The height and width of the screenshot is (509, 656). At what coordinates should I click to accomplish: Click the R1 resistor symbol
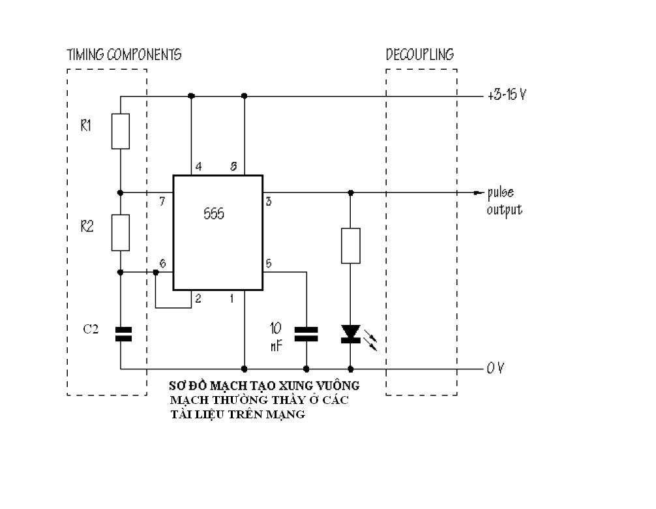(x=121, y=131)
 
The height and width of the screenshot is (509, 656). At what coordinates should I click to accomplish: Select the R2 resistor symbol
(x=121, y=233)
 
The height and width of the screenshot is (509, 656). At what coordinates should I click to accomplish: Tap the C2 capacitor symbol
(x=123, y=335)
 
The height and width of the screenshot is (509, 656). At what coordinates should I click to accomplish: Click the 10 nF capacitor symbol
(x=306, y=335)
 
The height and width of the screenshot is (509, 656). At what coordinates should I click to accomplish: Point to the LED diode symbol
(x=351, y=334)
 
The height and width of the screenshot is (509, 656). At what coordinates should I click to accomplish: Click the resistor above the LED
(x=351, y=246)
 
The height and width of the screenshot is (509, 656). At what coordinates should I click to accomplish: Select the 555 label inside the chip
(x=214, y=214)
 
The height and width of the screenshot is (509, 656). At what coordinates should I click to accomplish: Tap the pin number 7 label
(x=162, y=202)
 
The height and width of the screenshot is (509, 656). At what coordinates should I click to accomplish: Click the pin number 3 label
(x=269, y=202)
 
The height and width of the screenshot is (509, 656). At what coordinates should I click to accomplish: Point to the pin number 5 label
(x=269, y=263)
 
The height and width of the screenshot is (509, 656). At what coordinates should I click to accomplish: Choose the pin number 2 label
(x=198, y=298)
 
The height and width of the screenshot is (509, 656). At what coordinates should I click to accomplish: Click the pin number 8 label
(x=233, y=166)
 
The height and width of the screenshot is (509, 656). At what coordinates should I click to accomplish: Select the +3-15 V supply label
(x=507, y=95)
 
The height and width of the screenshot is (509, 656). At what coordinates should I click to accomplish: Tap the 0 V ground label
(x=496, y=368)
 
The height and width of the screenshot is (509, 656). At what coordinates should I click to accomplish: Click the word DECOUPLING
(x=420, y=54)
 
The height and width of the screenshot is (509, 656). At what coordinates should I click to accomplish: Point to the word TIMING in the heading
(x=85, y=54)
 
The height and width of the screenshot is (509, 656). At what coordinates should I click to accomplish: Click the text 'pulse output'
(x=505, y=202)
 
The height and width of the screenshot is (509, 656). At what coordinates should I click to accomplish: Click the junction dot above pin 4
(x=191, y=96)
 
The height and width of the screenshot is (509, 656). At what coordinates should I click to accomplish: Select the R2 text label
(x=87, y=226)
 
